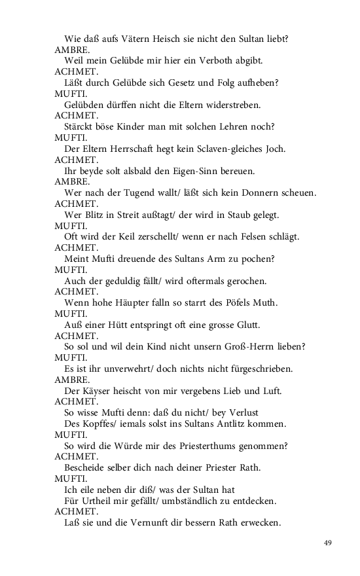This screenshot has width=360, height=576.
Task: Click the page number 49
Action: point(329,543)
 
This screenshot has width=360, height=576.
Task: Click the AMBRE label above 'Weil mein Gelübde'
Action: point(72,50)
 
